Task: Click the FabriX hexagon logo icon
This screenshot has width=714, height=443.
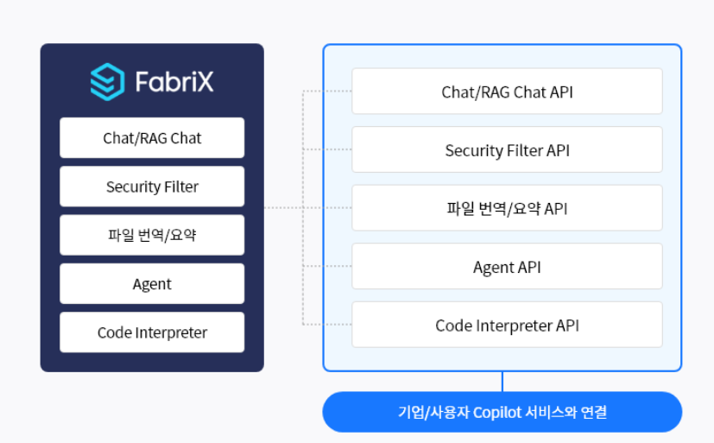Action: tap(107, 81)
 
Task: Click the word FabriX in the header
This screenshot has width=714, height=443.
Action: tap(174, 82)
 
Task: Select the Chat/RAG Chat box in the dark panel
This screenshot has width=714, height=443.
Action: tap(152, 138)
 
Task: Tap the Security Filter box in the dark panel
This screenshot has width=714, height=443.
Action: tap(152, 187)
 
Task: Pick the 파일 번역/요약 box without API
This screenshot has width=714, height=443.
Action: tap(152, 235)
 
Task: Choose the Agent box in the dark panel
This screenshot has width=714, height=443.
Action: tap(152, 284)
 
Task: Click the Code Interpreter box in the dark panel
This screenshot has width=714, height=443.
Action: tap(152, 332)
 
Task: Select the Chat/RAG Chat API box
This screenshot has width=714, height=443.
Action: tap(507, 92)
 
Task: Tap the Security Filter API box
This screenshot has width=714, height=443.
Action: tap(507, 150)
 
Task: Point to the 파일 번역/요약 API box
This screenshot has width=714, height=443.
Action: tap(507, 208)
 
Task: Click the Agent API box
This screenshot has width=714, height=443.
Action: tap(507, 267)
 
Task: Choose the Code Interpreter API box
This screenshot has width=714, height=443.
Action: tap(507, 325)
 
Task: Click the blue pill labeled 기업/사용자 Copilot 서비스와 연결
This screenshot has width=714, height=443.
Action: tap(502, 412)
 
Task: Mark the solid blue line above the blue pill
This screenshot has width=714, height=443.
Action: tap(502, 382)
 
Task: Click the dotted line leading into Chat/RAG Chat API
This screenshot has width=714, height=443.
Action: tap(328, 91)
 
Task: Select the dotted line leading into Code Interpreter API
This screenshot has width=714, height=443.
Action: tap(328, 325)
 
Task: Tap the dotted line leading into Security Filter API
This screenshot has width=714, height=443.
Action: tap(328, 149)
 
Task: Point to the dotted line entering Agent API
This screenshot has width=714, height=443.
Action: tap(328, 266)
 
